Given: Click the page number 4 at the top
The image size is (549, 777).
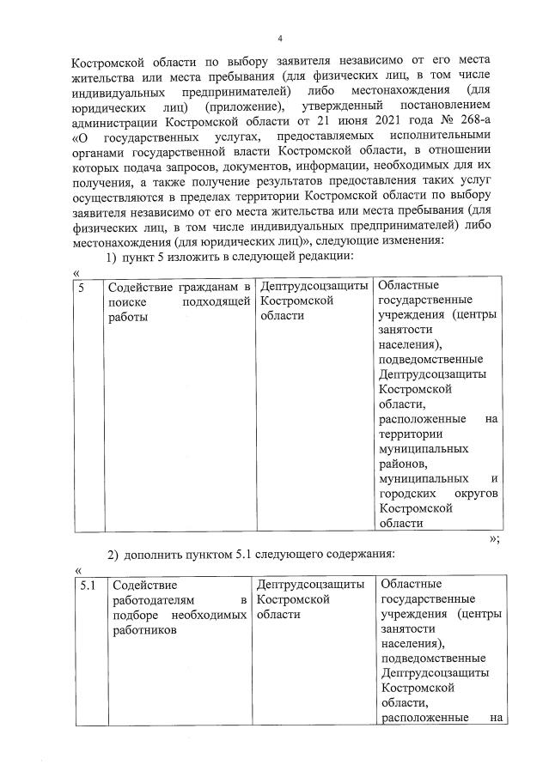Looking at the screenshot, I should coord(280,38).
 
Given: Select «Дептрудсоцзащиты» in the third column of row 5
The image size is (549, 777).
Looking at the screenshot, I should coord(314,286).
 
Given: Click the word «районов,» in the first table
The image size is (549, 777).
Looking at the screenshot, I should coord(401,463).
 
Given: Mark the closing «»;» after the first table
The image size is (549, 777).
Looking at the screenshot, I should coord(494,538).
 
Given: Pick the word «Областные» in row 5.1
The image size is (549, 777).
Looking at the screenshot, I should coord(409,585).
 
